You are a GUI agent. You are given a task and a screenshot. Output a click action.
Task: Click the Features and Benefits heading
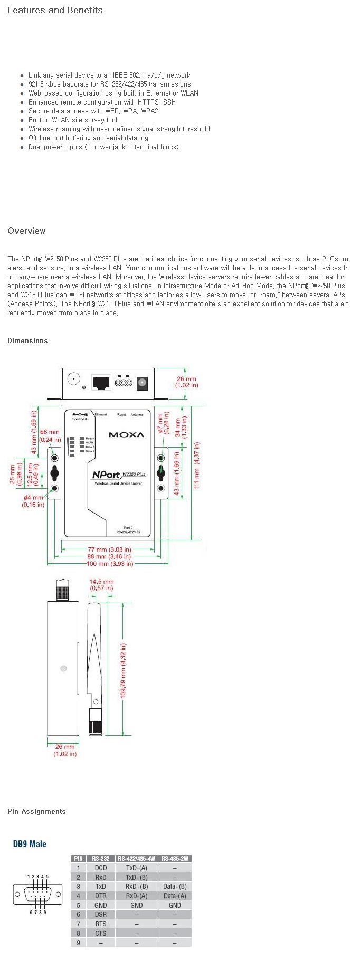coord(55,10)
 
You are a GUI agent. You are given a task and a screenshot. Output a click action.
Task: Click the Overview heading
coord(26,231)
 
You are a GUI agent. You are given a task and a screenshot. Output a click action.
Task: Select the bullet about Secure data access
coord(93,111)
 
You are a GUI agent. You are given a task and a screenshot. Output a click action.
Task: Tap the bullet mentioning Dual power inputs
coord(103,147)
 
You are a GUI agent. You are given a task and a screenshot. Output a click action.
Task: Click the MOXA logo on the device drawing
coord(126,435)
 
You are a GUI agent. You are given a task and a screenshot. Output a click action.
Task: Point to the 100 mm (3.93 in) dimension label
coord(110,564)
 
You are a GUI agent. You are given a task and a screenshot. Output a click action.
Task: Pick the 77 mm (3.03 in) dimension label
coord(109,549)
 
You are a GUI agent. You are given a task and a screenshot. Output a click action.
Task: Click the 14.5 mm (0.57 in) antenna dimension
coord(101,585)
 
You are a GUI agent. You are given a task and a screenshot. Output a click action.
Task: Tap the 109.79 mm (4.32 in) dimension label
coord(124,670)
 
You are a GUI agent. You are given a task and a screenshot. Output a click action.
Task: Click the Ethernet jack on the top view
coord(101,382)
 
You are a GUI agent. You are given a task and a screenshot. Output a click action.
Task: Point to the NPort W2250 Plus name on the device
coord(118,475)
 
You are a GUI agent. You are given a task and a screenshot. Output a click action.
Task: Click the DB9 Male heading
coord(30,844)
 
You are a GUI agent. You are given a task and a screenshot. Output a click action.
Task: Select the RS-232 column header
coord(100,859)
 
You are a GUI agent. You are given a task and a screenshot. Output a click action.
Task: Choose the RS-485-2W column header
coord(175,859)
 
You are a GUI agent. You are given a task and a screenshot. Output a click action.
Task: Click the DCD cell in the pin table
coord(100,868)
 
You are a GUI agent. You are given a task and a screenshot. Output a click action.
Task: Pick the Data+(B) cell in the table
coord(175,887)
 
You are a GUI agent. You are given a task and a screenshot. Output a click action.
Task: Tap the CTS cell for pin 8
coord(100,933)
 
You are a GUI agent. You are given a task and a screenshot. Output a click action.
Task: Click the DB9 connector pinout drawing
coord(34,895)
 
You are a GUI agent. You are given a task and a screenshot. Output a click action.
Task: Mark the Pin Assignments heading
coord(36,811)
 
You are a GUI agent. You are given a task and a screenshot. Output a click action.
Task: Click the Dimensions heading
coord(27,340)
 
